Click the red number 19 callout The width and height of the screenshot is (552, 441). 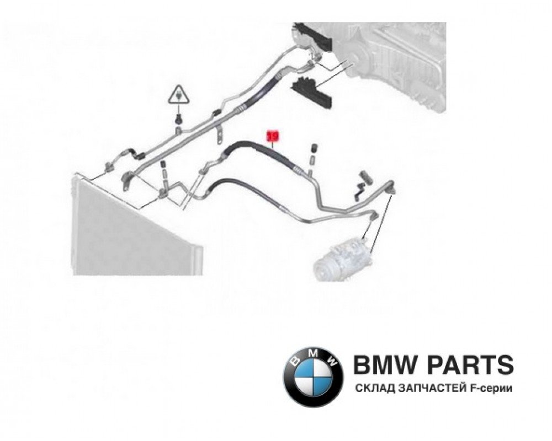coord(273,134)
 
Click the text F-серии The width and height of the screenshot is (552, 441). coord(492,389)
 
